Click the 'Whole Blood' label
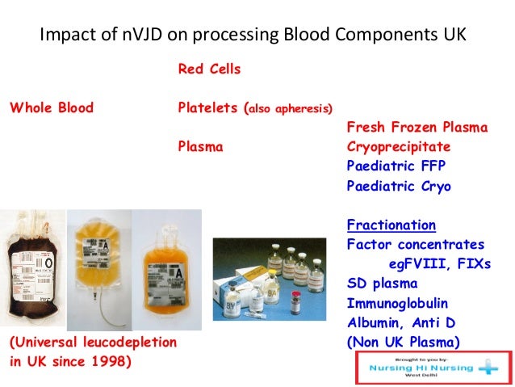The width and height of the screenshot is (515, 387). coord(51,107)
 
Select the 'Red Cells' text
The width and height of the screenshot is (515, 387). coord(209,69)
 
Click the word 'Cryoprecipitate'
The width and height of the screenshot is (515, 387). coord(398,147)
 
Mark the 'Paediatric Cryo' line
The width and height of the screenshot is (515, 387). coord(398,186)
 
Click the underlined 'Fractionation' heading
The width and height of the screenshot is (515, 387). coord(391,225)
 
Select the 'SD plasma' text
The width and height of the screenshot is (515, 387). coord(382,284)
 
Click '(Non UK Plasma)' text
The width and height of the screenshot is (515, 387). coord(403,342)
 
